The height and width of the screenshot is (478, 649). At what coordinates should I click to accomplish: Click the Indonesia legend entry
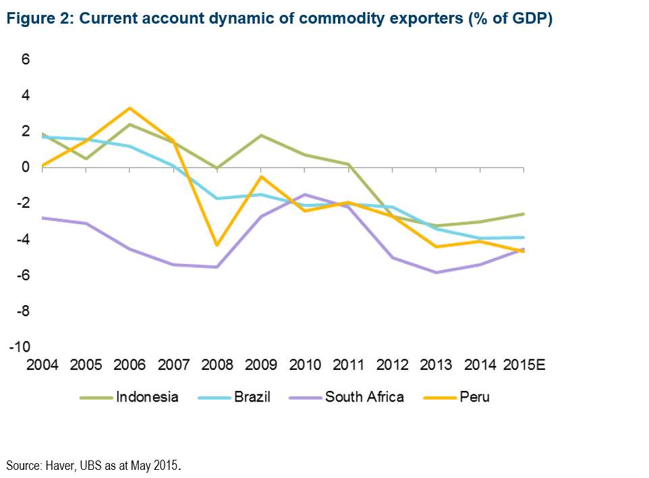[x=147, y=397]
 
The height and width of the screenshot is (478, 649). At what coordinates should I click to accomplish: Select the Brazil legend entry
[x=252, y=397]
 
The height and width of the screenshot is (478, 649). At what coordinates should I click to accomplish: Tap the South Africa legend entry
[x=364, y=397]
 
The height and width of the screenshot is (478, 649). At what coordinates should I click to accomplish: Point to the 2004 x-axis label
[x=42, y=365]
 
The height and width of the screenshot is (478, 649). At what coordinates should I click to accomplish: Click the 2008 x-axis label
[x=217, y=365]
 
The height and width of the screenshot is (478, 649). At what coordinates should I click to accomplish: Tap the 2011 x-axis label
[x=349, y=365]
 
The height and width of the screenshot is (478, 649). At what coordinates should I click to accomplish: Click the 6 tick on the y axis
[x=26, y=59]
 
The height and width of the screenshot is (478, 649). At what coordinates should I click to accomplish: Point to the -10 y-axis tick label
[x=20, y=347]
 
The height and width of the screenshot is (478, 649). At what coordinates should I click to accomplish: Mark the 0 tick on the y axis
[x=26, y=167]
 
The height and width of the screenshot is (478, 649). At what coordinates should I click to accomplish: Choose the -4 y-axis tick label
[x=22, y=239]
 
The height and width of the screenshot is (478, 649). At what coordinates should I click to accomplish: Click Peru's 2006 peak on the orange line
[x=130, y=108]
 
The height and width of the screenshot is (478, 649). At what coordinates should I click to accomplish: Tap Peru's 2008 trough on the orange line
[x=217, y=245]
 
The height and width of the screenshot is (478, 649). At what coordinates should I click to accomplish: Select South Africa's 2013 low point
[x=436, y=272]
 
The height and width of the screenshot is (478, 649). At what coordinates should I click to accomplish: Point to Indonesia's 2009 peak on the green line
[x=261, y=136]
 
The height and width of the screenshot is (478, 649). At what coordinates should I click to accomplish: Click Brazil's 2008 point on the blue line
[x=217, y=198]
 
